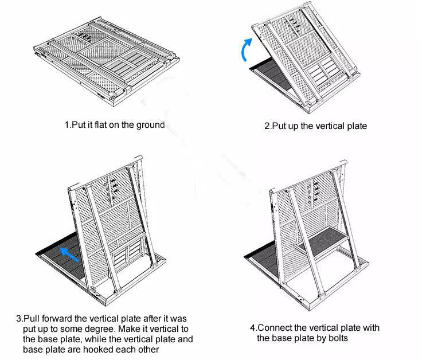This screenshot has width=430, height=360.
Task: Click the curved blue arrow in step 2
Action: click(245, 49)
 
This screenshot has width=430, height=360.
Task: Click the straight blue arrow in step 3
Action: click(69, 255)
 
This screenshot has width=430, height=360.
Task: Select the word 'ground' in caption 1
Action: click(150, 126)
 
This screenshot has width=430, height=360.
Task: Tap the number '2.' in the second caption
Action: click(268, 126)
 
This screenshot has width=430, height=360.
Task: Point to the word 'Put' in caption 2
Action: click(279, 126)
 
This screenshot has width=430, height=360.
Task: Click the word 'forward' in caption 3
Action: click(57, 319)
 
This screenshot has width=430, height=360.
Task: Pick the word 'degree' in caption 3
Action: click(99, 329)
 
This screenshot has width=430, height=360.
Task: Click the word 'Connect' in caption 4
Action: click(275, 328)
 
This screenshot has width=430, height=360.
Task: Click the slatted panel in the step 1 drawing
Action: click(125, 63)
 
